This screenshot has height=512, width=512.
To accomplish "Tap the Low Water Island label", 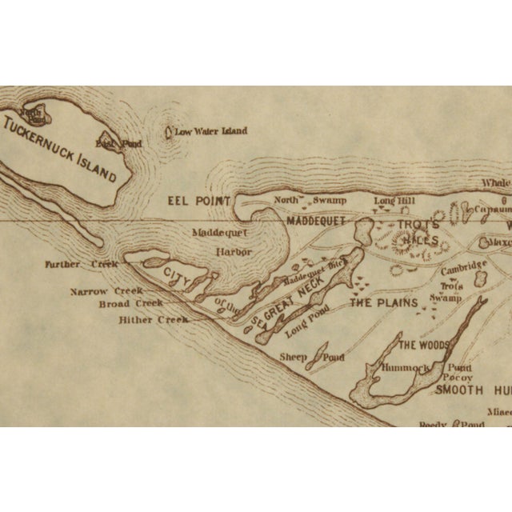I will point(211,131).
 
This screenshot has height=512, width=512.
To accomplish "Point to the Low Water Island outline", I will point(169,132).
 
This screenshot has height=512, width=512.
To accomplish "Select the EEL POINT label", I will point(199,201).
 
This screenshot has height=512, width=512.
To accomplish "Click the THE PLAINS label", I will point(384,302).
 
